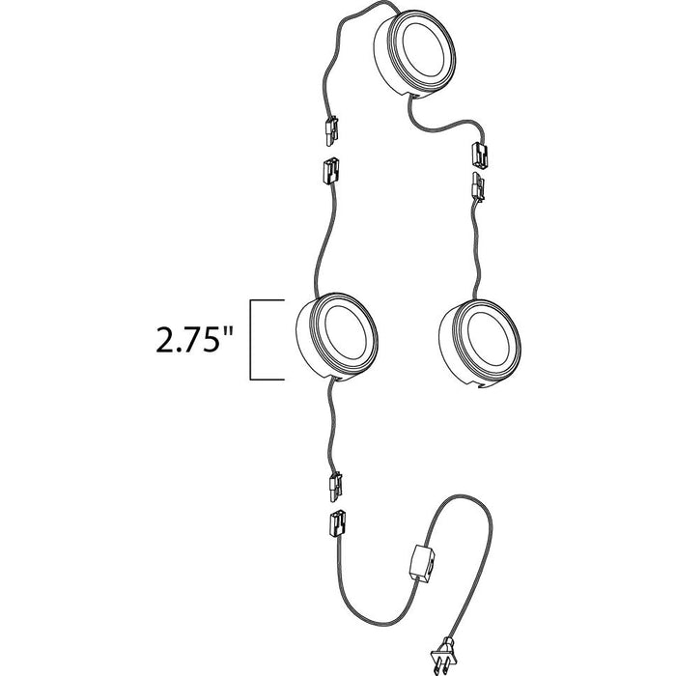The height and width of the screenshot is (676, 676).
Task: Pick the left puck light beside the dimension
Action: coord(337,338)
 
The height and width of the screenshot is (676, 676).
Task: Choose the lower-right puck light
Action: coord(480,344)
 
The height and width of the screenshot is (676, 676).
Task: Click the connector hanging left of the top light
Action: coord(330,130)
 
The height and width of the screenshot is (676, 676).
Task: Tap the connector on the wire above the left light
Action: coord(330,170)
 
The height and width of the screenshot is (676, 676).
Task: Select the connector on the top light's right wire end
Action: coord(480,155)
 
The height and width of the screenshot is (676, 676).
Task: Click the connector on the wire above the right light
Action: coord(478,187)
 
